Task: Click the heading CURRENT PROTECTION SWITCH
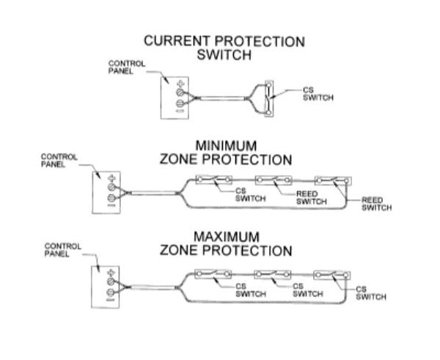(x=224, y=48)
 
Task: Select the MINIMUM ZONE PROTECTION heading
(x=225, y=153)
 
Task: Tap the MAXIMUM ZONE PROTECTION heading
(x=225, y=243)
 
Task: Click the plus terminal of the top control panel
(x=181, y=85)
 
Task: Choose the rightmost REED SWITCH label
(x=377, y=203)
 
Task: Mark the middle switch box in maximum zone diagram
(x=274, y=273)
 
